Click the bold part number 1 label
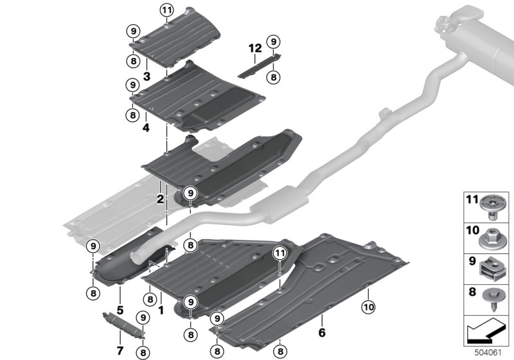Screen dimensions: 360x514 [x=161, y=309]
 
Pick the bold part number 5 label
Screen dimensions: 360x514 [x=120, y=300]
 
